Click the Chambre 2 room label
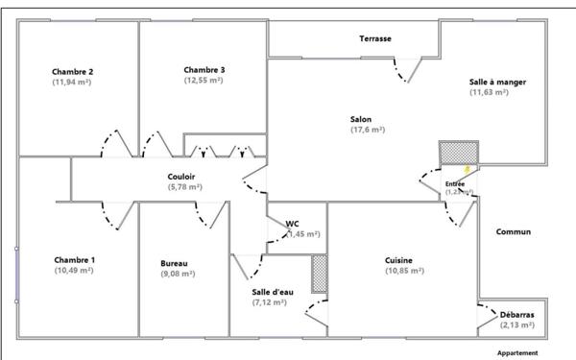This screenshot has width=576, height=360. pyautogui.click(x=72, y=71)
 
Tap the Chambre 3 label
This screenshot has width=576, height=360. pyautogui.click(x=204, y=69)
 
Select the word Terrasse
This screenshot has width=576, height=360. pyautogui.click(x=375, y=38)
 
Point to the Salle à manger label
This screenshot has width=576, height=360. pyautogui.click(x=497, y=82)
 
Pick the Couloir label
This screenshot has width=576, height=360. pyautogui.click(x=181, y=176)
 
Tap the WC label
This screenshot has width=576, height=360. pyautogui.click(x=292, y=223)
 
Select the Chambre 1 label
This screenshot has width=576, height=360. pyautogui.click(x=74, y=260)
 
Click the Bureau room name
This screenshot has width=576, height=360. pyautogui.click(x=174, y=263)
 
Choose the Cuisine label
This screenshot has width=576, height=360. pyautogui.click(x=399, y=260)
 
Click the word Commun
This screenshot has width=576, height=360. pyautogui.click(x=514, y=232)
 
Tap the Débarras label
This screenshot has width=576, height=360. pyautogui.click(x=516, y=314)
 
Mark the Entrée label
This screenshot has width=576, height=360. pyautogui.click(x=455, y=182)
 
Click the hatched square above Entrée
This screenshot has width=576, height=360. pyautogui.click(x=458, y=154)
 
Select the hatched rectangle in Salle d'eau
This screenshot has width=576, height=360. pyautogui.click(x=319, y=274)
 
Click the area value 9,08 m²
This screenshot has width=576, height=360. pyautogui.click(x=178, y=274)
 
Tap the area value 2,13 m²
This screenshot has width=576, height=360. pyautogui.click(x=516, y=324)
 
